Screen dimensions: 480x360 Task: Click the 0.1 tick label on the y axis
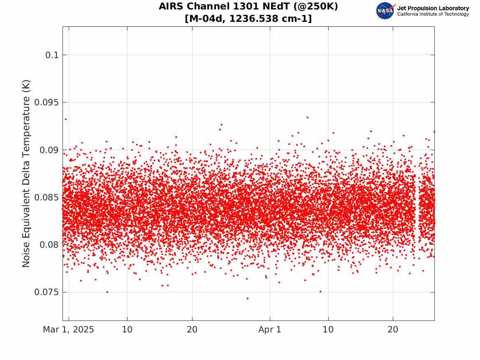point(52,55)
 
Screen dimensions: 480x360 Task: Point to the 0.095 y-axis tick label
point(46,102)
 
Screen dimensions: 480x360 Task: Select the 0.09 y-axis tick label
point(49,150)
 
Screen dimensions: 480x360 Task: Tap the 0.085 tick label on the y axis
point(46,197)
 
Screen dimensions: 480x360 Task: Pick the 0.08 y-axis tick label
point(49,245)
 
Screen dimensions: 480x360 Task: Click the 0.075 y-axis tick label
point(46,293)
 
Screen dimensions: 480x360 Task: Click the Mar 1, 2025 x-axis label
point(69,330)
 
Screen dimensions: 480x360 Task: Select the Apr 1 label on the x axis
point(270,330)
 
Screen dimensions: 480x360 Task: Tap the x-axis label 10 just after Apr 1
point(328,330)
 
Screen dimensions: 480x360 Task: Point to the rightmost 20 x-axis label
point(393,330)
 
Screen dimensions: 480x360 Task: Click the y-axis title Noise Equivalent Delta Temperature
point(26,174)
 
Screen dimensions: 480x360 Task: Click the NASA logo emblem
point(385,11)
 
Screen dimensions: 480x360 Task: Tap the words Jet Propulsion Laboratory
point(433,8)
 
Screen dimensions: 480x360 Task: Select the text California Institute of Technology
point(433,14)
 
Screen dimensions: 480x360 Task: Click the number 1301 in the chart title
point(246,6)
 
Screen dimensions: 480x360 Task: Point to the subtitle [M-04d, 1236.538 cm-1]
point(248,19)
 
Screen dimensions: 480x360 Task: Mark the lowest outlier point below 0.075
point(248,298)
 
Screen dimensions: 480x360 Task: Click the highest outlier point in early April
point(308,118)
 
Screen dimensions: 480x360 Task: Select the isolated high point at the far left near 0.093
point(65,119)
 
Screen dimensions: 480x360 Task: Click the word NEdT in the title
point(275,6)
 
